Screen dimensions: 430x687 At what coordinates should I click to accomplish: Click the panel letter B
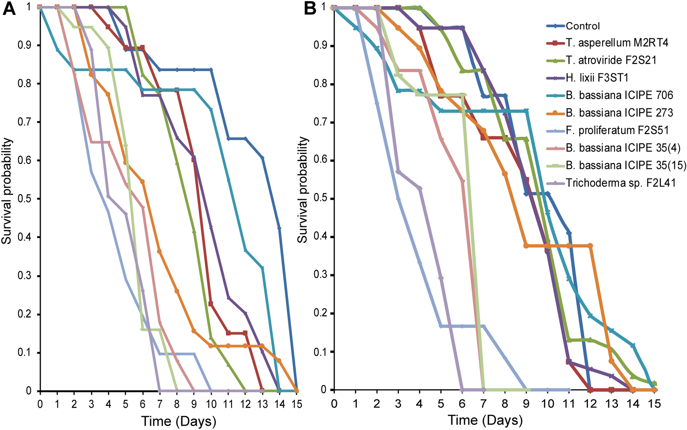click(310, 9)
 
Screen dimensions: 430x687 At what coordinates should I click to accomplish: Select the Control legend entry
click(583, 26)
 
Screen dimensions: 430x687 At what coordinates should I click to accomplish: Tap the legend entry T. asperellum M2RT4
click(617, 43)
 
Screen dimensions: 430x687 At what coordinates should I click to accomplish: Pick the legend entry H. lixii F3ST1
click(597, 78)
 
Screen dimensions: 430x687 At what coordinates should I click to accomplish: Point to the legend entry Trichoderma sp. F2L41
click(621, 183)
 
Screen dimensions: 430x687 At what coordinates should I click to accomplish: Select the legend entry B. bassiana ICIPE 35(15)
click(626, 165)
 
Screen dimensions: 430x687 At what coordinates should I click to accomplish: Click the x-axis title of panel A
click(178, 421)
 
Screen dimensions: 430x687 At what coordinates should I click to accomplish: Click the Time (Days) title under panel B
click(485, 420)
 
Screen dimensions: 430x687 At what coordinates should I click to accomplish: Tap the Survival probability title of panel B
click(303, 190)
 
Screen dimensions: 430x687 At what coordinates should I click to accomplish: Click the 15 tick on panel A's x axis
click(297, 404)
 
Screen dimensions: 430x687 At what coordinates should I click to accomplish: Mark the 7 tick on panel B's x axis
click(483, 404)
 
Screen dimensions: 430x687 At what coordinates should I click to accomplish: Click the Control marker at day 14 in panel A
click(279, 228)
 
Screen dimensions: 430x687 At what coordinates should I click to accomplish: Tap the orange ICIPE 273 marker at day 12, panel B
click(590, 245)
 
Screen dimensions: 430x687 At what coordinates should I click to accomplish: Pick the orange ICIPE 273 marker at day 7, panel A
click(160, 252)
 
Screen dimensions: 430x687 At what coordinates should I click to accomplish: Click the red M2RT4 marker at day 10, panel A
click(211, 304)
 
